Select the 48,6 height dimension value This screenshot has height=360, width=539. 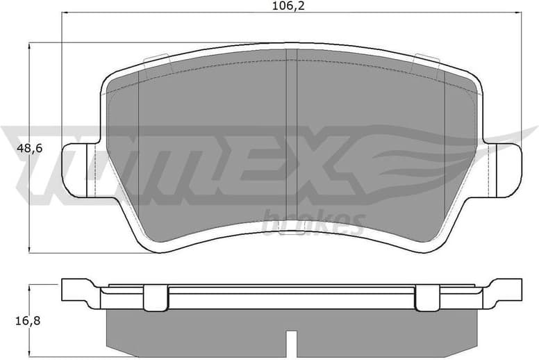point(29,149)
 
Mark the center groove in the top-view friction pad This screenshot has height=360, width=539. point(292,139)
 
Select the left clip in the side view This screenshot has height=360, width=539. point(156,297)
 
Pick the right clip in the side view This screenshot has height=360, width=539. point(428,297)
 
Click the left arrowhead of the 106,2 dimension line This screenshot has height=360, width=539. point(64,13)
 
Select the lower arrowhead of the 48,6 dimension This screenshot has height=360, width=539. point(29,250)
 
